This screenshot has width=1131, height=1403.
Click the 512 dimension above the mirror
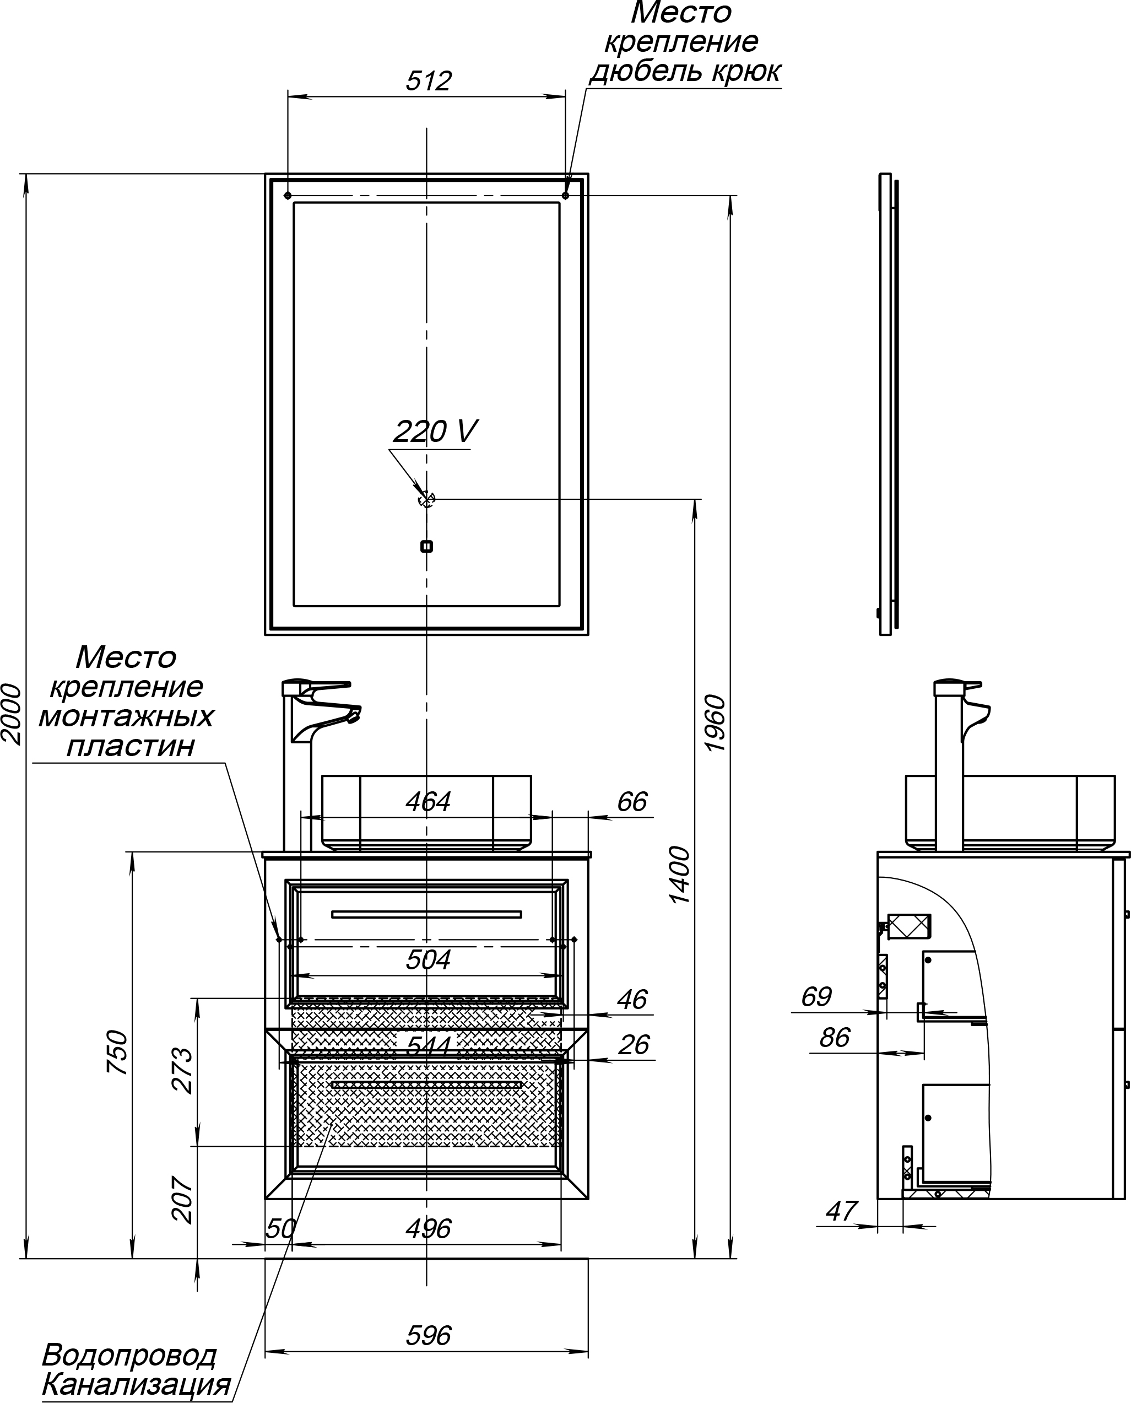(x=428, y=81)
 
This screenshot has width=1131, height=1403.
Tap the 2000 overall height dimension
(x=12, y=714)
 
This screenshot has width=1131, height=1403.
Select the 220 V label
(x=435, y=431)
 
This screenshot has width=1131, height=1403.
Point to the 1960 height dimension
(x=715, y=724)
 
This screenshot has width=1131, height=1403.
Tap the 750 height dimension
(x=117, y=1053)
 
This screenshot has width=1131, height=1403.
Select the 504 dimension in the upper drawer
(x=428, y=960)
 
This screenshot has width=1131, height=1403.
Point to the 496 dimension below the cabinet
(x=428, y=1229)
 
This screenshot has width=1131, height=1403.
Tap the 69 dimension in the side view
(x=816, y=997)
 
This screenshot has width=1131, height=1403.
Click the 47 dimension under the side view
(x=841, y=1211)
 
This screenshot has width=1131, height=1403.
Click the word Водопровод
(x=129, y=1354)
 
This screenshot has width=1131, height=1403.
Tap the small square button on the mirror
(x=427, y=547)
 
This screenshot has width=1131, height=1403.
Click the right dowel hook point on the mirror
(x=565, y=196)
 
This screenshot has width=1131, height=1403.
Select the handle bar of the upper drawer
(x=427, y=914)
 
